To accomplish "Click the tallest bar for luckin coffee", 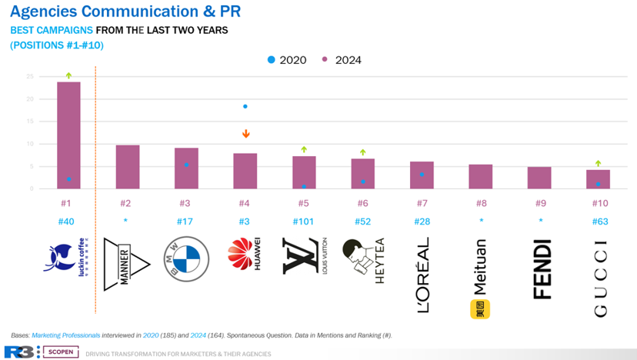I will point(68,135).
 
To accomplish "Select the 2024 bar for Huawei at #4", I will point(245,171).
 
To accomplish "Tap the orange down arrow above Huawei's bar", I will point(245,134).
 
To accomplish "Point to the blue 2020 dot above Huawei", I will point(245,106).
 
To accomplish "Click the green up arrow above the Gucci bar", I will point(598,163).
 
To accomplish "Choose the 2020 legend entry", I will point(286,60).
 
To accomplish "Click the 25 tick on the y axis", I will point(29,77).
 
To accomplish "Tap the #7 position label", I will point(422,204).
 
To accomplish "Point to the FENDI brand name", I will point(542,268).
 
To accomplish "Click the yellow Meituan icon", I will point(480,309).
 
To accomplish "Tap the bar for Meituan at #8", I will point(480,177).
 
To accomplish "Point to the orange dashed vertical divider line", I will point(95,192).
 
